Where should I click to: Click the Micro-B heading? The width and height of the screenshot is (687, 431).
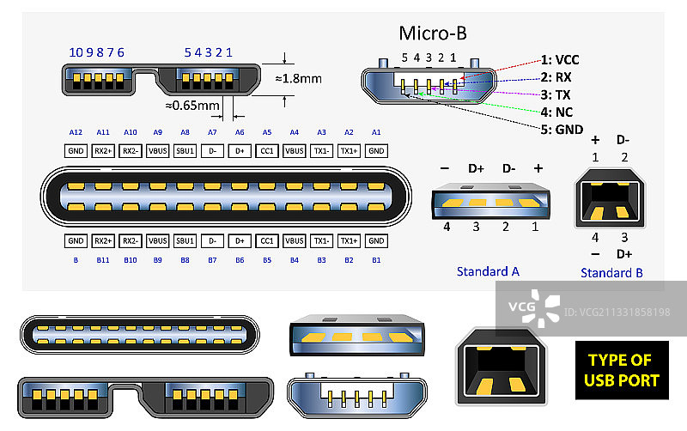433,33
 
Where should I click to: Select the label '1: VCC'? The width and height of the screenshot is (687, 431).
560,60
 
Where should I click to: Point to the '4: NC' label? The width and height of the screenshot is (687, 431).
557,112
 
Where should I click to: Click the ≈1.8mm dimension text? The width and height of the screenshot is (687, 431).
298,78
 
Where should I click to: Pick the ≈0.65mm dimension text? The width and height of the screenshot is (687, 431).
192,106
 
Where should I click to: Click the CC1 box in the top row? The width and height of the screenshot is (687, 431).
267,150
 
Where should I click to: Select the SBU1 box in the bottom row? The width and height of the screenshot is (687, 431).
185,241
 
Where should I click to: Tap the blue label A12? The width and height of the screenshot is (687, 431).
76,132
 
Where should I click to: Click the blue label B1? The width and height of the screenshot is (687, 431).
375,258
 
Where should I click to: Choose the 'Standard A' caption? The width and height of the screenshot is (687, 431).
488,271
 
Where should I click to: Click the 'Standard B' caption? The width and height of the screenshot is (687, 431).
611,273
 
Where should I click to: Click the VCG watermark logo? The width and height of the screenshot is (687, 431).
533,307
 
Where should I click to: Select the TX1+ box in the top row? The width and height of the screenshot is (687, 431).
349,150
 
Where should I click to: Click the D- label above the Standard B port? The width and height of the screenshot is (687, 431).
623,139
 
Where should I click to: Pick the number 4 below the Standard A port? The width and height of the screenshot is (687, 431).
447,227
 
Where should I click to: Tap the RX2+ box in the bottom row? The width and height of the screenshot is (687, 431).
103,241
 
